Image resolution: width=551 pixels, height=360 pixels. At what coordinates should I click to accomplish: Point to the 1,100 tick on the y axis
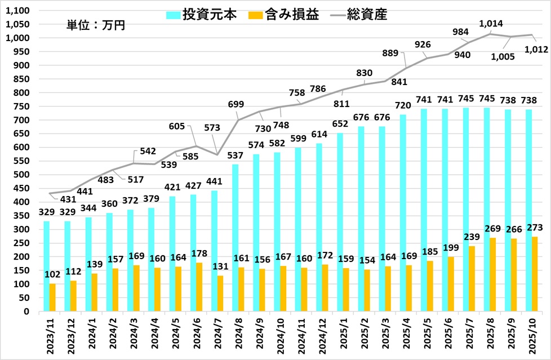tap(20, 11)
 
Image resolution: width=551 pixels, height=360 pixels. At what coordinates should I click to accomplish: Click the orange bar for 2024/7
tap(221, 293)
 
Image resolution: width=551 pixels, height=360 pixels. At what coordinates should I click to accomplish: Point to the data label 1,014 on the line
tap(491, 24)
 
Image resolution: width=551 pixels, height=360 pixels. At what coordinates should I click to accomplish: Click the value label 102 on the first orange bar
tap(52, 275)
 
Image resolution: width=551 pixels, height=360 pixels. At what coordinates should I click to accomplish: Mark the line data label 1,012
tap(536, 50)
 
